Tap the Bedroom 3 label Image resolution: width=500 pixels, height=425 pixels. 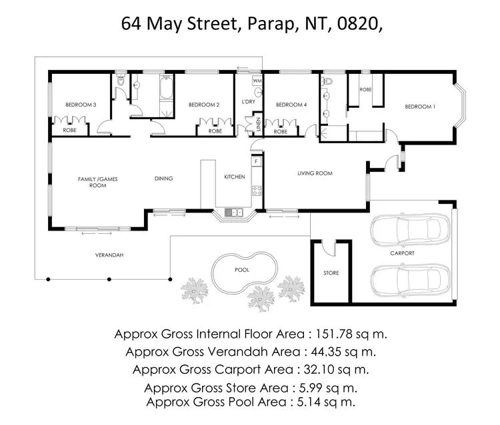pos(80,105)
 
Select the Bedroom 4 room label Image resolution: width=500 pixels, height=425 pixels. pos(291,105)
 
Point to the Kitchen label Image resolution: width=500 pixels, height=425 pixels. pos(234,177)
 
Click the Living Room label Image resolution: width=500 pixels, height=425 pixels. pos(315,173)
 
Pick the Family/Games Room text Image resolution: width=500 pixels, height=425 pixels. pos(92,182)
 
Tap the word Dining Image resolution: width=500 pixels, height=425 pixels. pos(163,178)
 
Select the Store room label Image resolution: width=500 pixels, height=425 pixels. pos(331,273)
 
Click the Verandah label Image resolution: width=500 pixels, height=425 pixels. pos(109,255)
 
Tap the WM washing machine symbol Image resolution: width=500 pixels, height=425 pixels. pos(257,81)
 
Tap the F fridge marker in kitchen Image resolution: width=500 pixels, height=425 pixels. pos(255,161)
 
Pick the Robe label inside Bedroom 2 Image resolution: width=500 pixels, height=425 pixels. pos(215,131)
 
